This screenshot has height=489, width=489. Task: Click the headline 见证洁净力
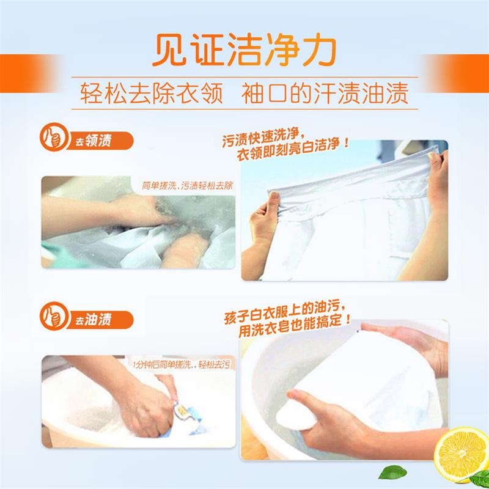[244, 47]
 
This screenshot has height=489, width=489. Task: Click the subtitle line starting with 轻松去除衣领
[244, 95]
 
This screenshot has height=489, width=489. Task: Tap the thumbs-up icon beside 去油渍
[53, 318]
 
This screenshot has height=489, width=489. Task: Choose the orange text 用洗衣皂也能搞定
[290, 336]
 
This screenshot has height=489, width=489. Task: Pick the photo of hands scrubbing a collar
[138, 222]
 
